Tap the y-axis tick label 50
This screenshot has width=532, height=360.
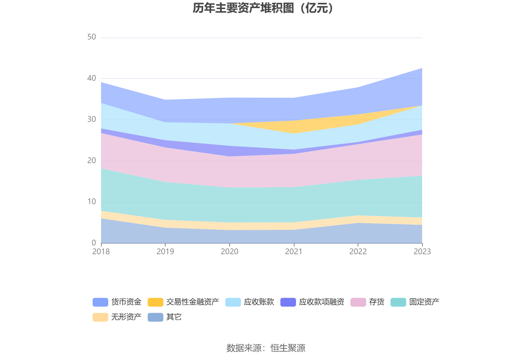coord(92,37)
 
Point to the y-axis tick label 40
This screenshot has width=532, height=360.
coord(92,78)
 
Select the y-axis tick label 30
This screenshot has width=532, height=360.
coord(92,119)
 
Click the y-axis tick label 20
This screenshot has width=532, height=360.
coord(92,161)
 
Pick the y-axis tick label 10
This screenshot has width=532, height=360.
coord(92,202)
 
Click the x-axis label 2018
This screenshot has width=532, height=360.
coord(101,252)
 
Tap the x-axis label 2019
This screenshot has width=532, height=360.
coord(165,252)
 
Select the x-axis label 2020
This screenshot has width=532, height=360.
coord(230,252)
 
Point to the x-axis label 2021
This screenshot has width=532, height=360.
coord(294,252)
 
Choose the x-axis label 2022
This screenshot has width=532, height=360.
coord(358,252)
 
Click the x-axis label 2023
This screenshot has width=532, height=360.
coord(422,252)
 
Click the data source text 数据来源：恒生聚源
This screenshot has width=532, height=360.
coord(266,348)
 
